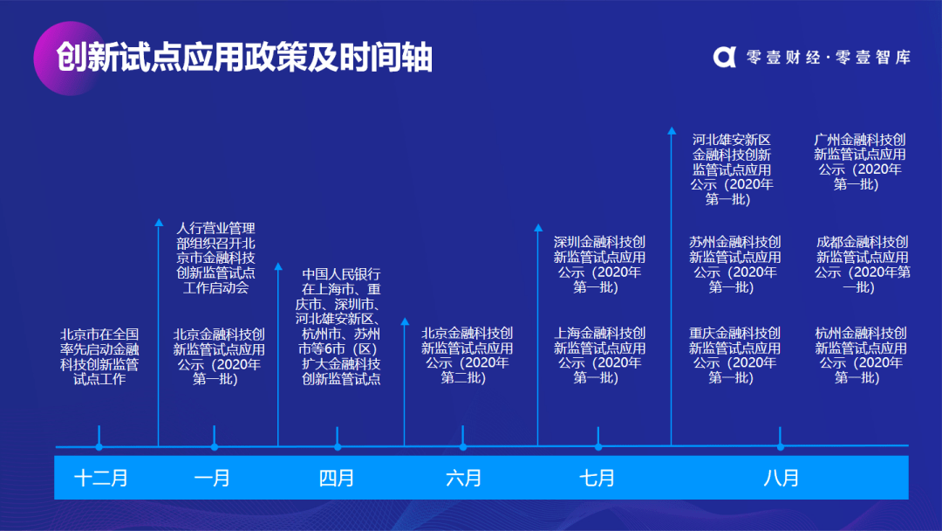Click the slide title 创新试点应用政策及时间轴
pyautogui.click(x=244, y=58)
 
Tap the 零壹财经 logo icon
pyautogui.click(x=725, y=57)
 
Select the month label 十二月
pyautogui.click(x=101, y=478)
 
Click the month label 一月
pyautogui.click(x=213, y=478)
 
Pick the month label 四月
pyautogui.click(x=337, y=478)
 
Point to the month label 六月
pyautogui.click(x=463, y=478)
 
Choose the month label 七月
pyautogui.click(x=597, y=478)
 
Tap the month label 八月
pyautogui.click(x=781, y=478)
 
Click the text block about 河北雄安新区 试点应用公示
pyautogui.click(x=731, y=169)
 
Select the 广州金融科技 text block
pyautogui.click(x=860, y=162)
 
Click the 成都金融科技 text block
pyautogui.click(x=862, y=265)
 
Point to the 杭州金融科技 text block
pyautogui.click(x=860, y=355)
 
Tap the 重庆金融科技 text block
pyautogui.click(x=734, y=355)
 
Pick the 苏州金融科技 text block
pyautogui.click(x=734, y=265)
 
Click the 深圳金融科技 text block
pyautogui.click(x=599, y=265)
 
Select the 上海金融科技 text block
pyautogui.click(x=599, y=355)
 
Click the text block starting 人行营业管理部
pyautogui.click(x=215, y=258)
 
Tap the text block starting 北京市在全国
pyautogui.click(x=99, y=356)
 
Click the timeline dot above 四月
pyautogui.click(x=338, y=447)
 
